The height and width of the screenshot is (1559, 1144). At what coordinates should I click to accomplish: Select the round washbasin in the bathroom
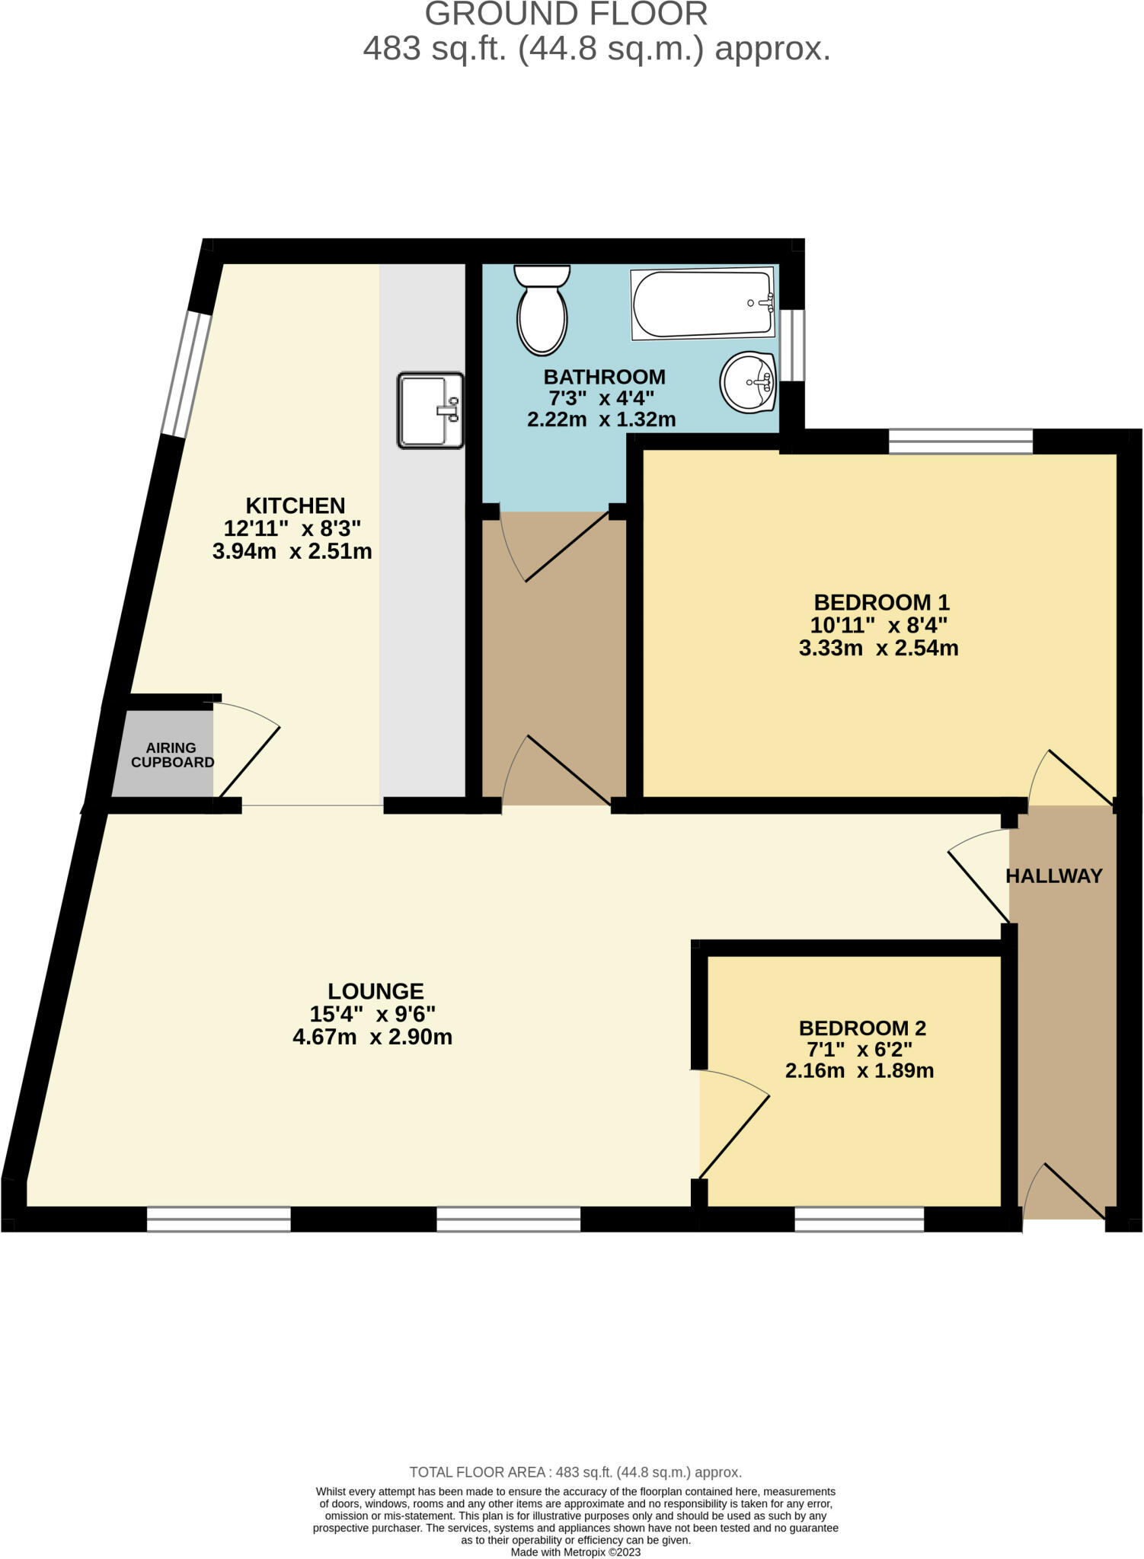coord(748,381)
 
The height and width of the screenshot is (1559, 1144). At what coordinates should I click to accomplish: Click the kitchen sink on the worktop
coord(430,410)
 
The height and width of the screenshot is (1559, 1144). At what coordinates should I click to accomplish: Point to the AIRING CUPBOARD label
coord(172,755)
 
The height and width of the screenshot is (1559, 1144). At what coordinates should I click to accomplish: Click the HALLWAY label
coord(1054,876)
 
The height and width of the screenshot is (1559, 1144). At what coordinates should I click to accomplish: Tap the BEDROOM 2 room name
coord(862,1028)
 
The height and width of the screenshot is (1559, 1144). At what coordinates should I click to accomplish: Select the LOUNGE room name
coord(375,991)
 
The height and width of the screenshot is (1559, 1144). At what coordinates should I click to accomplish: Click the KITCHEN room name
coord(296,505)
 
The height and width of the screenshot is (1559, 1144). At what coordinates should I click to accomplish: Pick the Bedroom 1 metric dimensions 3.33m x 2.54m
coord(878,649)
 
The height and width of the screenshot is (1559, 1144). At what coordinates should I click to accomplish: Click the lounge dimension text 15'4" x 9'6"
coord(372,1014)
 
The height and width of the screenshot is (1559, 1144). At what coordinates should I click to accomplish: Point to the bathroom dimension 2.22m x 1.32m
coord(602,419)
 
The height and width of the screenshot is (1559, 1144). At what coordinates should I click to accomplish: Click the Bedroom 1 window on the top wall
coord(960,442)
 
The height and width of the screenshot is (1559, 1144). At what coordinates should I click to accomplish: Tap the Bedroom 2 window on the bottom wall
coord(859,1219)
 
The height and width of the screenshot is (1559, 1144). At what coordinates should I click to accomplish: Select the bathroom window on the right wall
coord(794,345)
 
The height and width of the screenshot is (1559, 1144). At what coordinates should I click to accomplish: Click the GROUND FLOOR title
coord(566,14)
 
